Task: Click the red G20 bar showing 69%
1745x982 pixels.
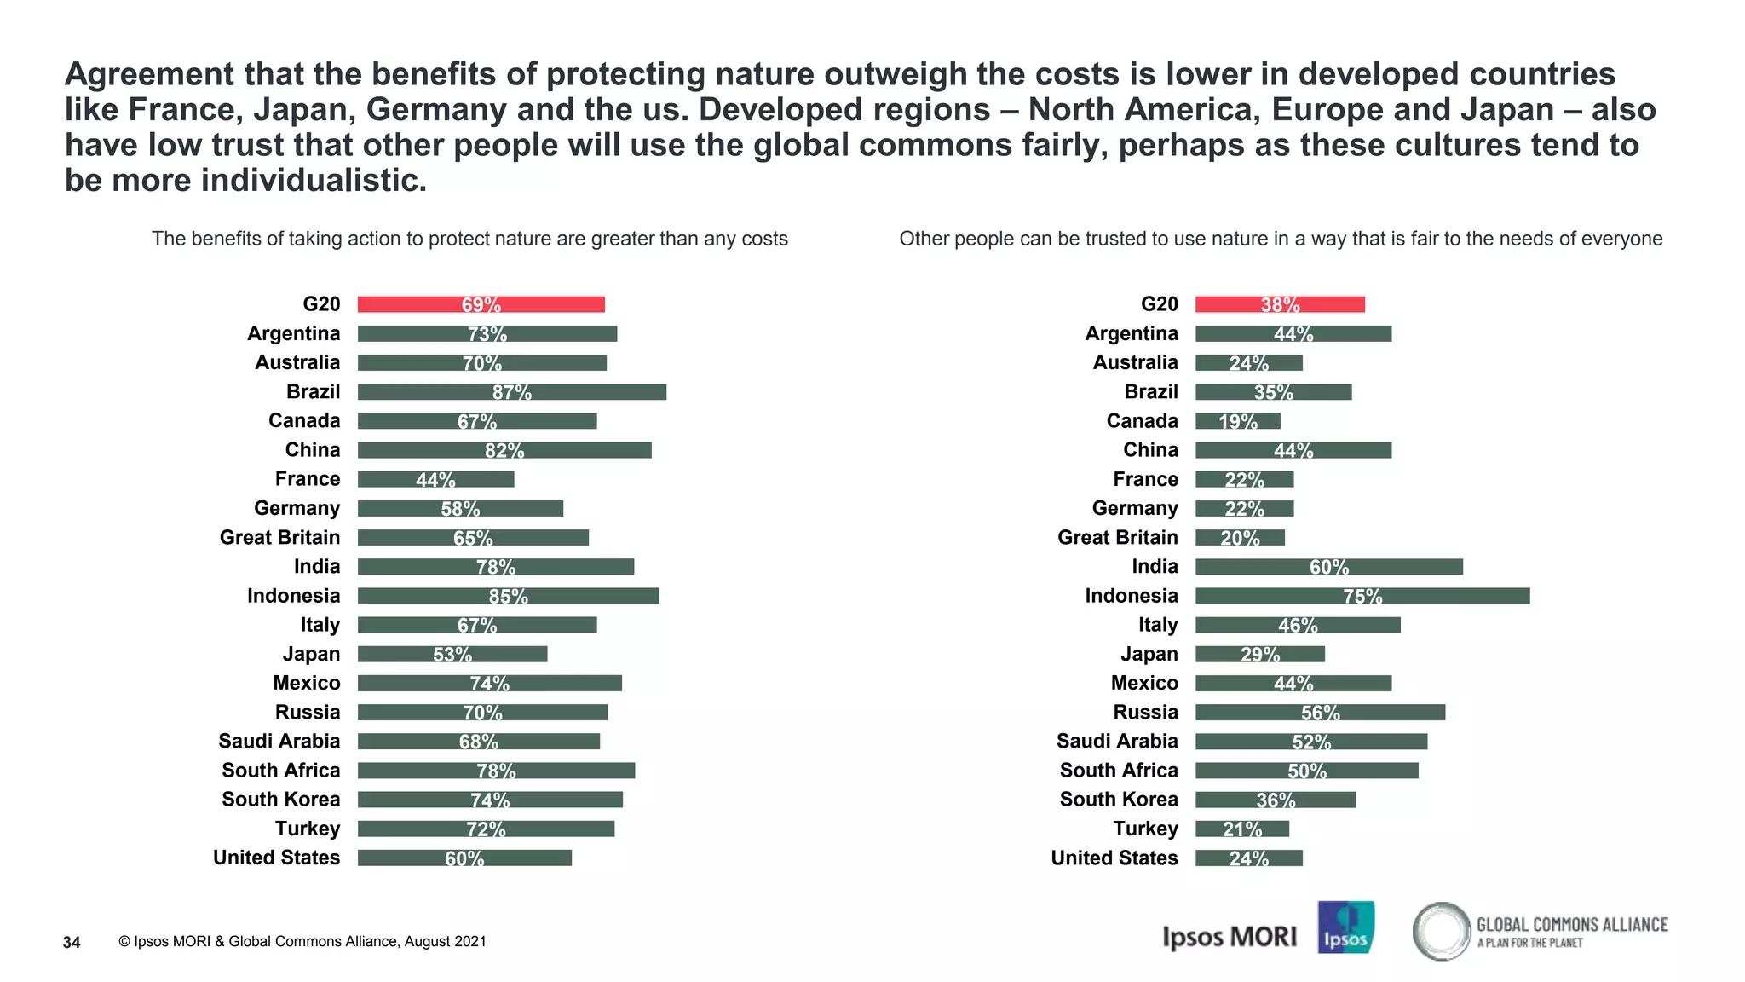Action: [x=481, y=304]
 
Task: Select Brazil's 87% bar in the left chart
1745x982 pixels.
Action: [x=511, y=392]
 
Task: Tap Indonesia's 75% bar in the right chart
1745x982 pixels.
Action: [x=1362, y=596]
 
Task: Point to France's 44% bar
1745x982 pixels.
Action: [x=435, y=479]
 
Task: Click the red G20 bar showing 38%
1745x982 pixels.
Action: [x=1279, y=304]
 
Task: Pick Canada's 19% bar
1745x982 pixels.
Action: [x=1237, y=421]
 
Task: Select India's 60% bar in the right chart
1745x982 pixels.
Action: [x=1328, y=567]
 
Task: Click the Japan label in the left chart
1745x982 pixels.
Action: [x=311, y=654]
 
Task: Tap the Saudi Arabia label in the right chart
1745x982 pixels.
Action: [x=1116, y=742]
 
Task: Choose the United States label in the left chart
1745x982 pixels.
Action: [x=276, y=858]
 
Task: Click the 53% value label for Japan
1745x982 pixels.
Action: [x=452, y=655]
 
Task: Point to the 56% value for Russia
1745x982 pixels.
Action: [x=1320, y=713]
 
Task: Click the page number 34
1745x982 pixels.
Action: [x=72, y=942]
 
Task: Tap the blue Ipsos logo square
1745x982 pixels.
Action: [x=1345, y=927]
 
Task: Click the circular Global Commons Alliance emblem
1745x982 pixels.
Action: [x=1441, y=931]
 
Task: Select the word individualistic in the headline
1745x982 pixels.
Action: [x=313, y=180]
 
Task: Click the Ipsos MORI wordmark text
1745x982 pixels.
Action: [x=1229, y=937]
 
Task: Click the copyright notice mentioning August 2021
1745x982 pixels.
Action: [x=302, y=941]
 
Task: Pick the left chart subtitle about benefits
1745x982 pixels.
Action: [x=469, y=239]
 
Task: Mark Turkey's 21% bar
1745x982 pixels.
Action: [x=1241, y=829]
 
